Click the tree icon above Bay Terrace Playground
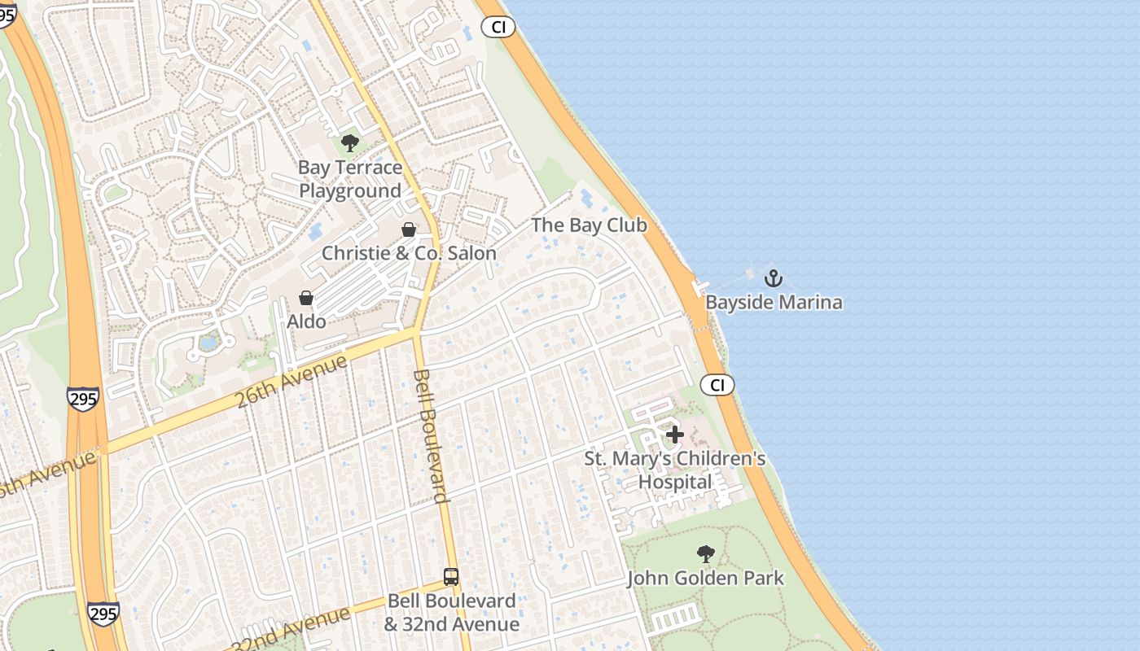click(350, 144)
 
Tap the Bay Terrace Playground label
click(350, 179)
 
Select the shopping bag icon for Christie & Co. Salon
click(409, 229)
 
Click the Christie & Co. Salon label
click(409, 253)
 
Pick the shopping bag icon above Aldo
click(306, 298)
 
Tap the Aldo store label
click(306, 321)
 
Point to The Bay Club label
click(589, 225)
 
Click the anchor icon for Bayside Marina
click(773, 279)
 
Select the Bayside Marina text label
click(774, 303)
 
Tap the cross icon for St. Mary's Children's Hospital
click(675, 435)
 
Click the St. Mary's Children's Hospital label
click(675, 470)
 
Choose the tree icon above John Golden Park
click(705, 554)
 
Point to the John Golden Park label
click(705, 579)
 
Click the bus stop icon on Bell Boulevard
click(451, 577)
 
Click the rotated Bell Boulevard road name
click(431, 436)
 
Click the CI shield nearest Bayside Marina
click(717, 385)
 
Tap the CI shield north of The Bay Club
click(498, 27)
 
